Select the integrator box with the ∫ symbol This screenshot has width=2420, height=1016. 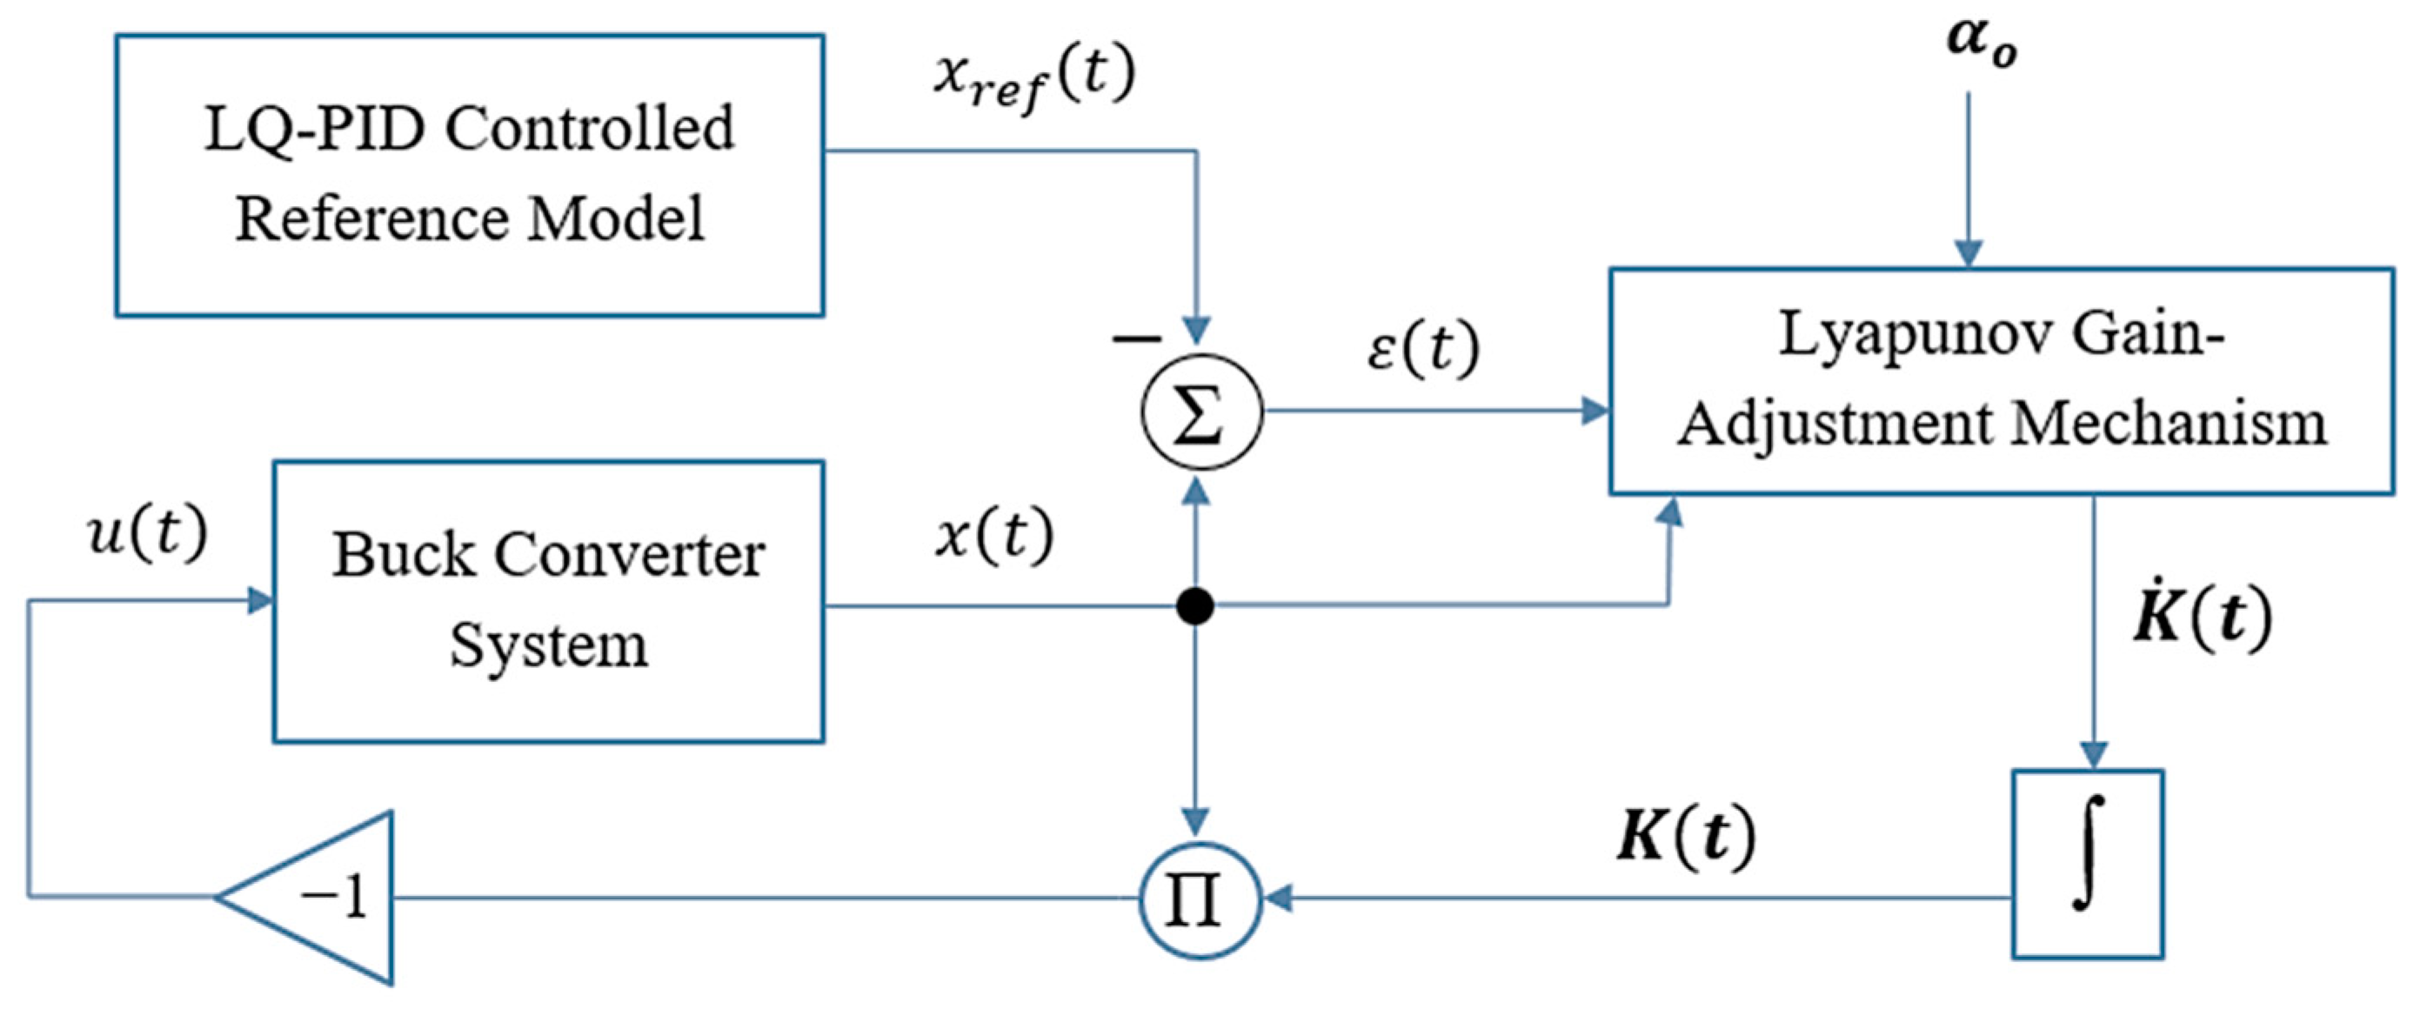pos(2088,864)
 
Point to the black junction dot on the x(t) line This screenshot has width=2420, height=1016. pos(1195,605)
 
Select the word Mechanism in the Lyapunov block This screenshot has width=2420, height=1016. pos(2170,424)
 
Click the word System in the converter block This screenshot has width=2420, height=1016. pos(549,645)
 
